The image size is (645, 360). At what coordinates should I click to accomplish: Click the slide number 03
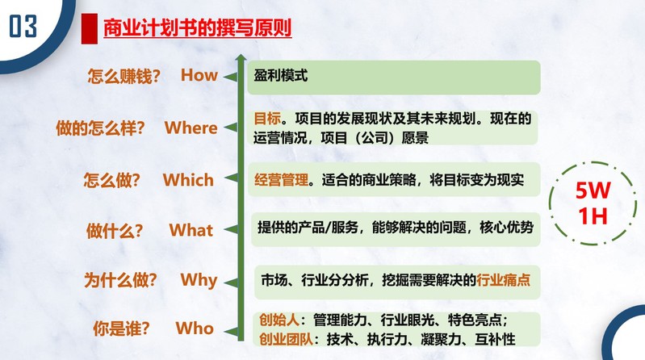tap(23, 27)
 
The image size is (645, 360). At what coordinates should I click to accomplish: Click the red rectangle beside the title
tap(90, 28)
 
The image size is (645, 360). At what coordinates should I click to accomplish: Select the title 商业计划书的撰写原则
tap(198, 28)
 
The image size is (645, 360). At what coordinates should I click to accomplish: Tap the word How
tap(199, 75)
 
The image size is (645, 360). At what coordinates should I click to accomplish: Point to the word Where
tap(191, 128)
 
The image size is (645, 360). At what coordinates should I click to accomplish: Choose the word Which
tap(188, 180)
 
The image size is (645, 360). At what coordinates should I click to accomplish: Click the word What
tap(191, 230)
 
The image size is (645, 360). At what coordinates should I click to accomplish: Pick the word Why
tap(199, 281)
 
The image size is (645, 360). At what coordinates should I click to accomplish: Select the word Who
tap(195, 329)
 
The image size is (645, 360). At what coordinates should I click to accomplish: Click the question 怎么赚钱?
tap(124, 77)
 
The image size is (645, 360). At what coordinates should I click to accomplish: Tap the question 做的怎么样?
tap(100, 128)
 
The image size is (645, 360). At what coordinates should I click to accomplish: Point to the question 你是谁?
tap(121, 329)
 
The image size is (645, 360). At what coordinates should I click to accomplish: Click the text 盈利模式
tap(281, 76)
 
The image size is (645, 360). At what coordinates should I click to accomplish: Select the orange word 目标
tap(267, 119)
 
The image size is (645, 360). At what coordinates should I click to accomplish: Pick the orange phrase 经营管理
tap(282, 180)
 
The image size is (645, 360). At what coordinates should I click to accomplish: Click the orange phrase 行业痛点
tap(504, 280)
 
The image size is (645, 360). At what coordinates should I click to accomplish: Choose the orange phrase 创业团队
tap(286, 340)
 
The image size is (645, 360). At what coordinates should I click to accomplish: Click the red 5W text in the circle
tap(593, 190)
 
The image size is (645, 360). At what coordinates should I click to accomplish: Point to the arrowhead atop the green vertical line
tap(241, 57)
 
